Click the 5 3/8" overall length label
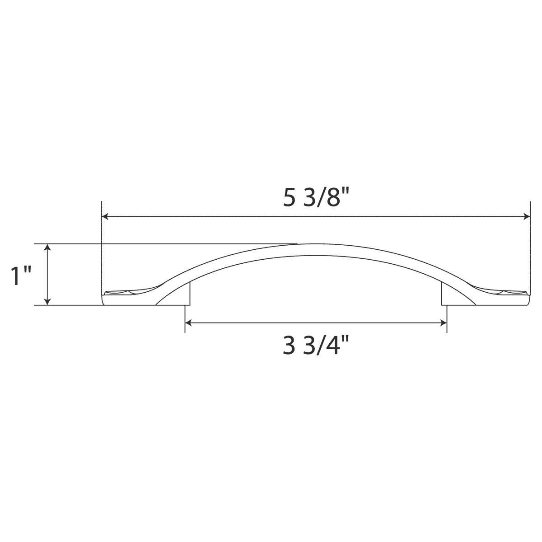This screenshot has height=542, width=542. coord(316,199)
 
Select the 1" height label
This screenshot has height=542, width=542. coord(21,276)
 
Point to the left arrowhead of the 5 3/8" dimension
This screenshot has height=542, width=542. coord(105,217)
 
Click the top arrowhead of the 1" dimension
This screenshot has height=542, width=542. coord(47,247)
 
